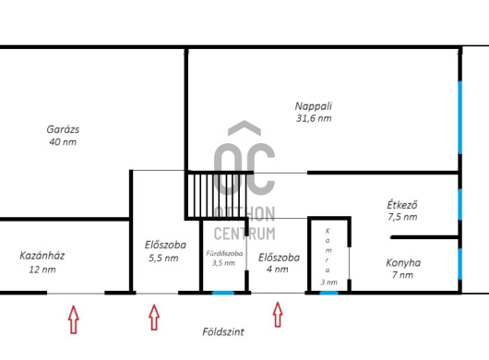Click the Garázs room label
coord(63,129)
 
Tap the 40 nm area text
coord(63,142)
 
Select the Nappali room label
coord(314,106)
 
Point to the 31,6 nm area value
coord(314,118)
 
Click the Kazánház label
coord(42,256)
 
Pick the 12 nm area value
coord(42,270)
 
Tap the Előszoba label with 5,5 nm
coord(165,245)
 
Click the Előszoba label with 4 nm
coord(280,258)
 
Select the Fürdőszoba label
coord(224,253)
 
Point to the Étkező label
coord(402,205)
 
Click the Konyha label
coord(403,263)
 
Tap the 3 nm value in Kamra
coord(328,282)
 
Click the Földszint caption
coord(223,331)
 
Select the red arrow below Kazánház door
coord(73,319)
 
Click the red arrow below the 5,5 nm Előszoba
coord(154,318)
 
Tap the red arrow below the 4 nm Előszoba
coord(278,315)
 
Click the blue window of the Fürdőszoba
coord(223,293)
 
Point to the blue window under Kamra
coord(329,293)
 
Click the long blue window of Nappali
coord(460,117)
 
